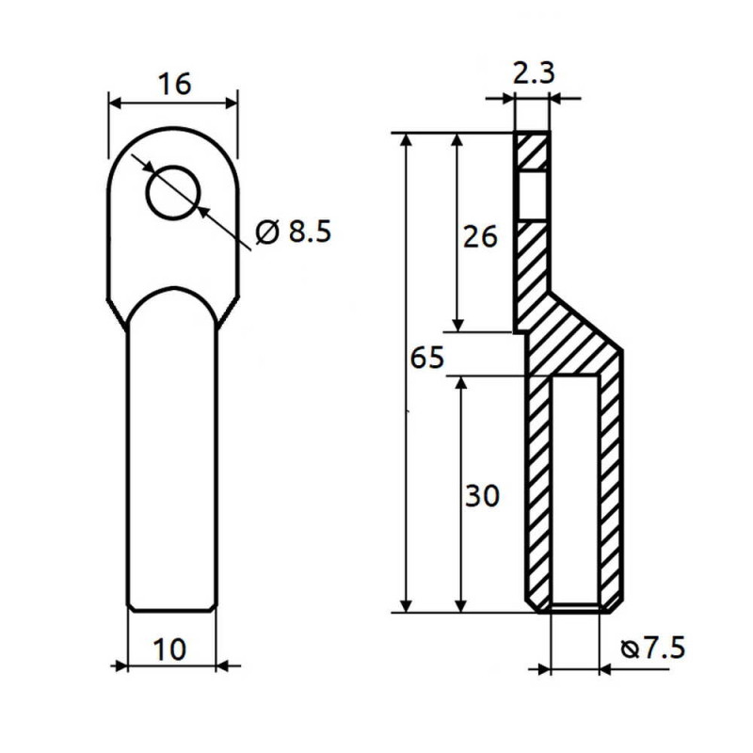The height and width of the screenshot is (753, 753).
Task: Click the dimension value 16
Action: [175, 84]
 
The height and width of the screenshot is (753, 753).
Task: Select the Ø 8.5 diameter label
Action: [294, 232]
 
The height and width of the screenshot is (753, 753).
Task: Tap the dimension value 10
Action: [171, 649]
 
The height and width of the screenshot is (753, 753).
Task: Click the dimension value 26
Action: [480, 236]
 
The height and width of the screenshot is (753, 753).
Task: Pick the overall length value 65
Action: [426, 359]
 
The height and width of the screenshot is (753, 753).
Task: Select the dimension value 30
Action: [481, 496]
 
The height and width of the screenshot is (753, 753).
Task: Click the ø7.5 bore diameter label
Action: [653, 649]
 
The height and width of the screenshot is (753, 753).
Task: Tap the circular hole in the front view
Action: [174, 192]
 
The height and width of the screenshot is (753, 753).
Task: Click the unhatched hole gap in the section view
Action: [533, 195]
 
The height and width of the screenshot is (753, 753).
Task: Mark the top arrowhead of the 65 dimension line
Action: [407, 141]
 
